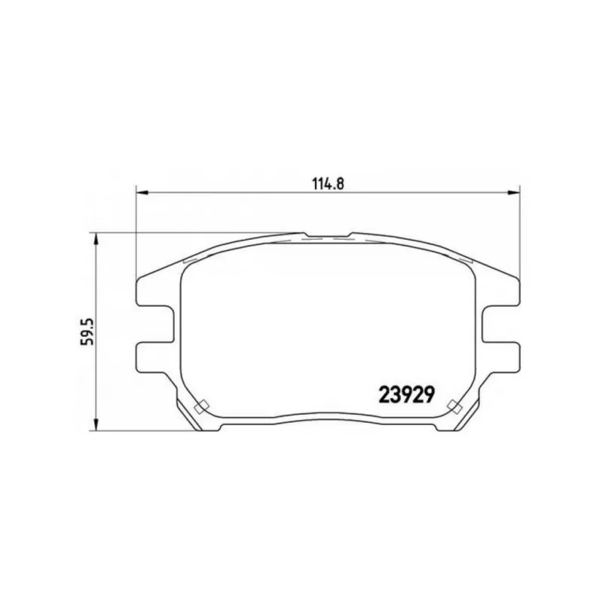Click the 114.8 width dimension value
pyautogui.click(x=328, y=184)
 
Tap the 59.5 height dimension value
pyautogui.click(x=87, y=331)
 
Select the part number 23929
pyautogui.click(x=407, y=394)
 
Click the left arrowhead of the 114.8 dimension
pyautogui.click(x=142, y=192)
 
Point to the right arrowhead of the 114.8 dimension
pyautogui.click(x=513, y=192)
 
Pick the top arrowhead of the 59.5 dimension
pyautogui.click(x=96, y=240)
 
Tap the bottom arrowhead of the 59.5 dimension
pyautogui.click(x=96, y=424)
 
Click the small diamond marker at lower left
pyautogui.click(x=201, y=406)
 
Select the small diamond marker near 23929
pyautogui.click(x=455, y=406)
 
